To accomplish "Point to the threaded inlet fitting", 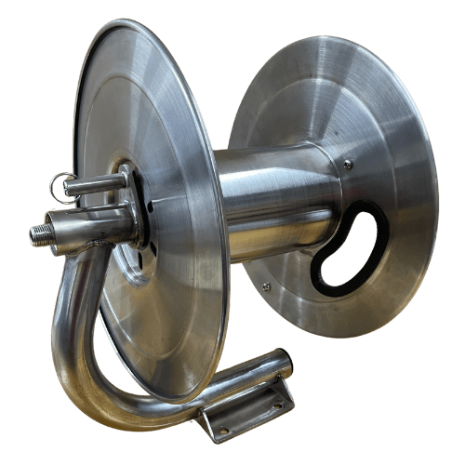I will point(41,232).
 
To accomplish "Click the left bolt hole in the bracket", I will point(222,429).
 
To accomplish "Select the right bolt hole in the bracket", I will point(278,405).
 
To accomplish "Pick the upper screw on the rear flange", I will point(348,165).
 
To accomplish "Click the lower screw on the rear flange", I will point(267,286).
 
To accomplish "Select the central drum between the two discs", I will point(270,200).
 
